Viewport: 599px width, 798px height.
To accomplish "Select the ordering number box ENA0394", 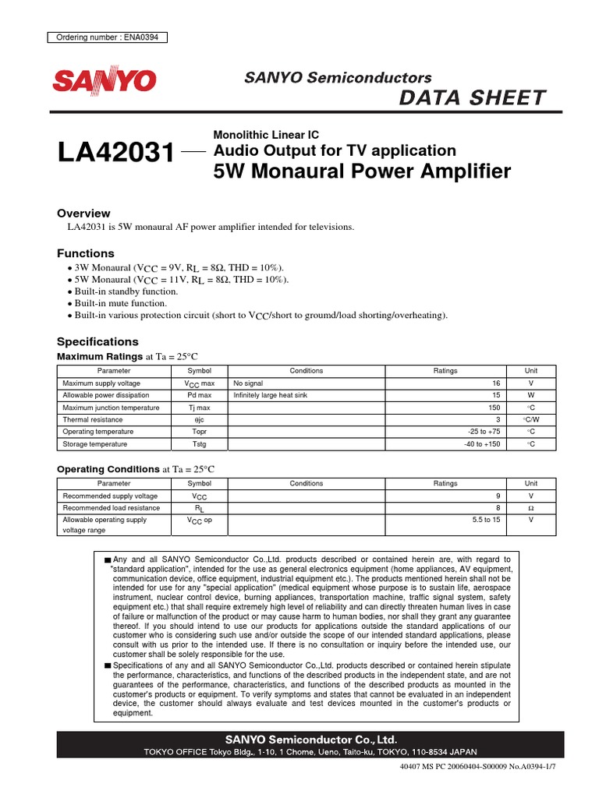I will coord(108,37).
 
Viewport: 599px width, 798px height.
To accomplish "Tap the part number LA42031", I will coord(115,153).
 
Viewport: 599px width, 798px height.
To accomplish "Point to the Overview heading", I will coord(84,214).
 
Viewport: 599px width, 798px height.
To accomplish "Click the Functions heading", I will coord(86,253).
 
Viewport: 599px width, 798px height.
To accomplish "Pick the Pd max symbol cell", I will coord(199,396).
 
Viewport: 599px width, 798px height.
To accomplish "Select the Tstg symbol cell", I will coord(199,443).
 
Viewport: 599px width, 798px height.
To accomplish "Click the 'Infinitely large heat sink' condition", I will coord(271,396).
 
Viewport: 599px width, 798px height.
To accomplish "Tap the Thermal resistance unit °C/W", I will coord(530,419).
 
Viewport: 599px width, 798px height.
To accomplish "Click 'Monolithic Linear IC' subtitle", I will coord(265,135).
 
